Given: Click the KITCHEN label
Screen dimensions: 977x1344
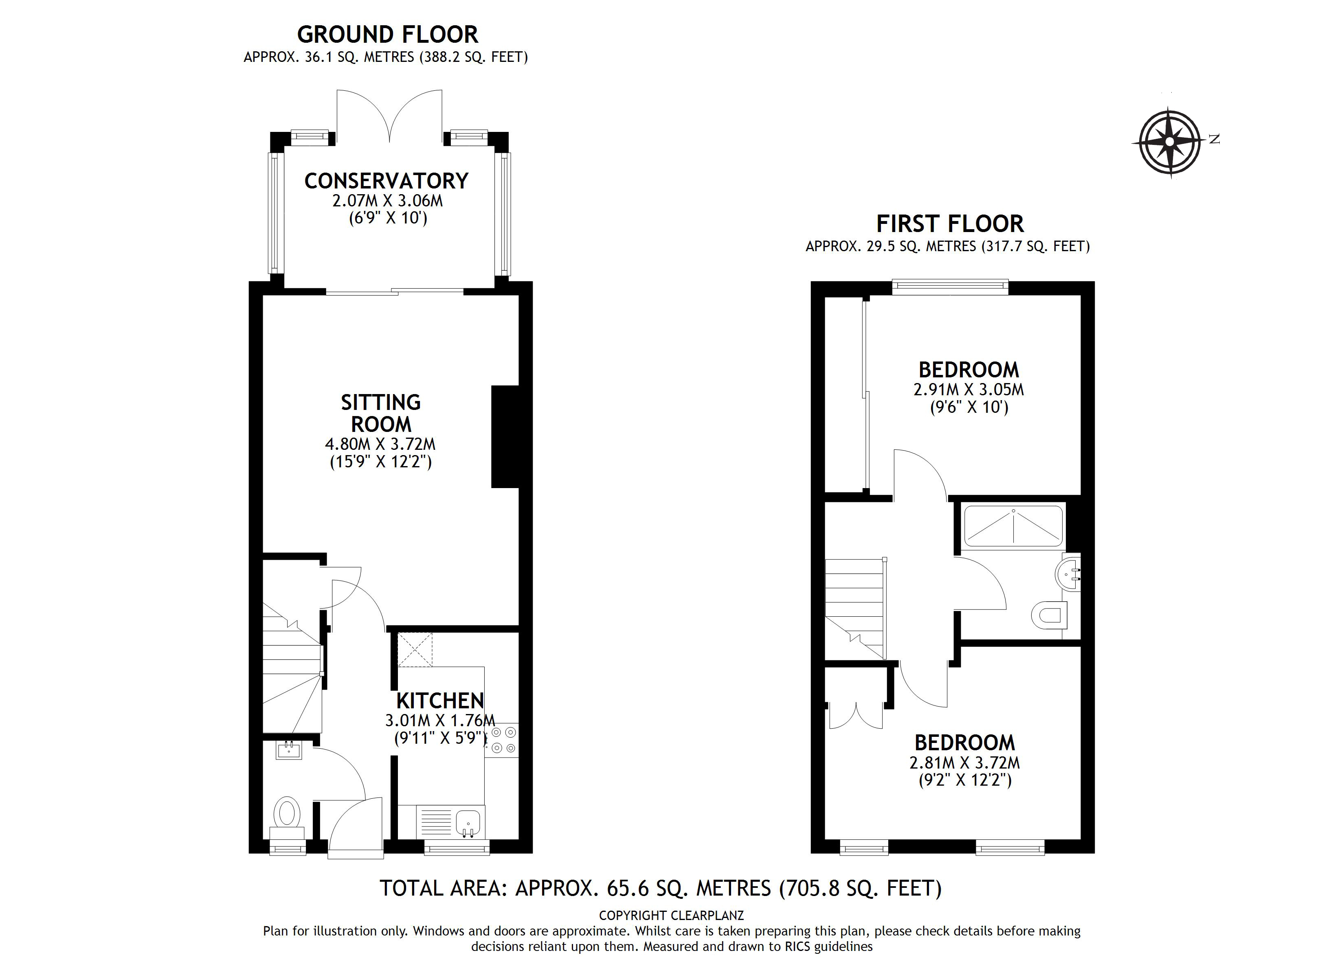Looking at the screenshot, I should click(440, 701).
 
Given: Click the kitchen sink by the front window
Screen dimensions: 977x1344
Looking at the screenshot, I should click(468, 822).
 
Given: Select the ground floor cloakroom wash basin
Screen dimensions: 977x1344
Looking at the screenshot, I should click(289, 751).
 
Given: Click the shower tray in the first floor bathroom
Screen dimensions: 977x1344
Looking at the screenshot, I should click(1013, 526).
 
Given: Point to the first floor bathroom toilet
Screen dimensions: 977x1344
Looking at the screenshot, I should click(1050, 616).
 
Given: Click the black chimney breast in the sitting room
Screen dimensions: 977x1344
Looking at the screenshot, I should click(505, 437).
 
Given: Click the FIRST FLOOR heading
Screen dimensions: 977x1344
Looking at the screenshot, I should click(949, 224).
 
